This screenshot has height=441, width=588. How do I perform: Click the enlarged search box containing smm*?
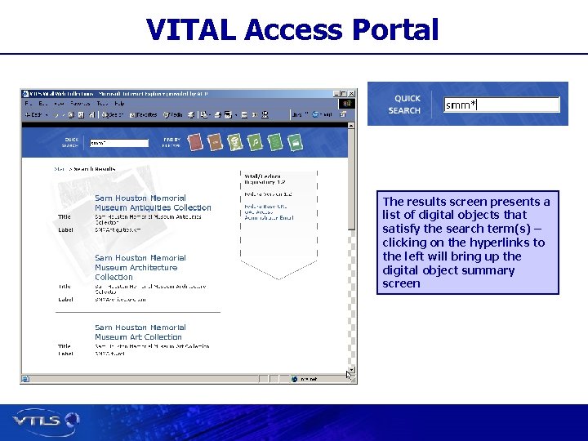[x=501, y=105]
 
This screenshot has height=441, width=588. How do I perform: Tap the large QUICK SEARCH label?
[x=405, y=105]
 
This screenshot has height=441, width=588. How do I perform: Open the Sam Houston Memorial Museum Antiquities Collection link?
[x=153, y=203]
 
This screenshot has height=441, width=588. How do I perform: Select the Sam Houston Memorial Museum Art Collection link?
[x=138, y=332]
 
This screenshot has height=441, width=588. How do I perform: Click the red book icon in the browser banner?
[x=196, y=142]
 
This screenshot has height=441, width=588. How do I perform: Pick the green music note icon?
[x=255, y=142]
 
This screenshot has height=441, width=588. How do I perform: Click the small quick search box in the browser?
[x=118, y=142]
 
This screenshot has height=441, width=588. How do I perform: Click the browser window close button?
[x=352, y=92]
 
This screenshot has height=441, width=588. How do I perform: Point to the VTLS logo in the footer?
[x=46, y=421]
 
